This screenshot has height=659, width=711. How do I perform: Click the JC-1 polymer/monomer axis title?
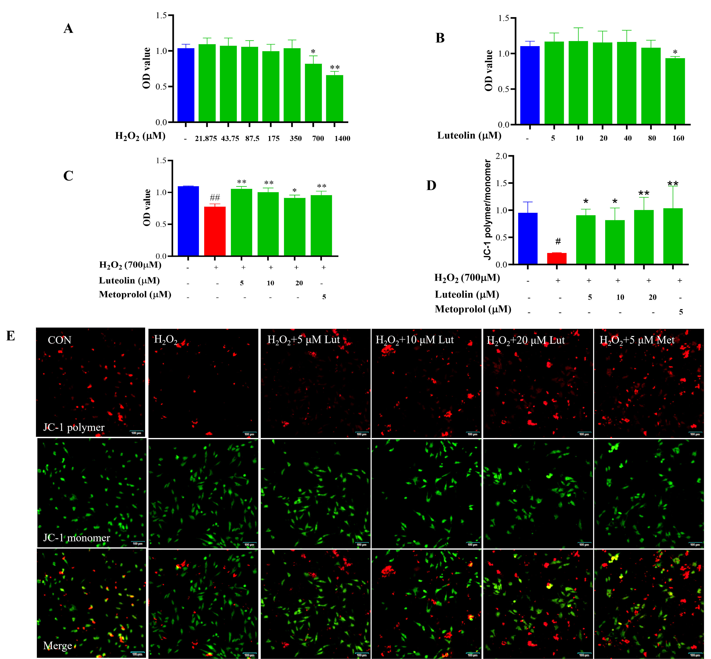tap(488, 210)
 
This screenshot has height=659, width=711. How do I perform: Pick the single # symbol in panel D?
tap(558, 241)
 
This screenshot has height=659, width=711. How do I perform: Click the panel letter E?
tap(11, 336)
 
